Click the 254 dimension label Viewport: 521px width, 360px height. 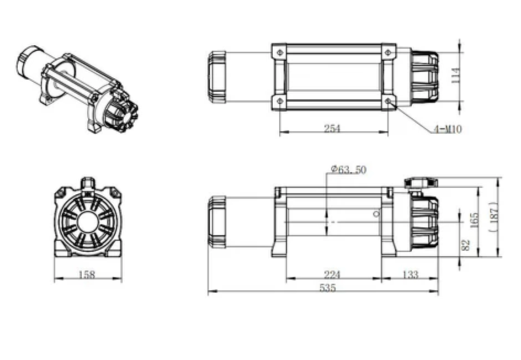pyautogui.click(x=332, y=129)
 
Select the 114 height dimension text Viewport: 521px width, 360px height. pyautogui.click(x=455, y=75)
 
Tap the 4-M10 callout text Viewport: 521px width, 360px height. pyautogui.click(x=448, y=130)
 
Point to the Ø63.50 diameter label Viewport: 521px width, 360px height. pyautogui.click(x=348, y=170)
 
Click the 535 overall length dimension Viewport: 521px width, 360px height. pyautogui.click(x=327, y=288)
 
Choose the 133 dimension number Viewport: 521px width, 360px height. pyautogui.click(x=411, y=274)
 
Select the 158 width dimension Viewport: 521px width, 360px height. pyautogui.click(x=88, y=274)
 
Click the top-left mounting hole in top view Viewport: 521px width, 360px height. pyautogui.click(x=279, y=52)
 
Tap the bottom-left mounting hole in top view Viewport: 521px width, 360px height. pyautogui.click(x=279, y=102)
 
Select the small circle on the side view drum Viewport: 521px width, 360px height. pyautogui.click(x=376, y=214)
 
